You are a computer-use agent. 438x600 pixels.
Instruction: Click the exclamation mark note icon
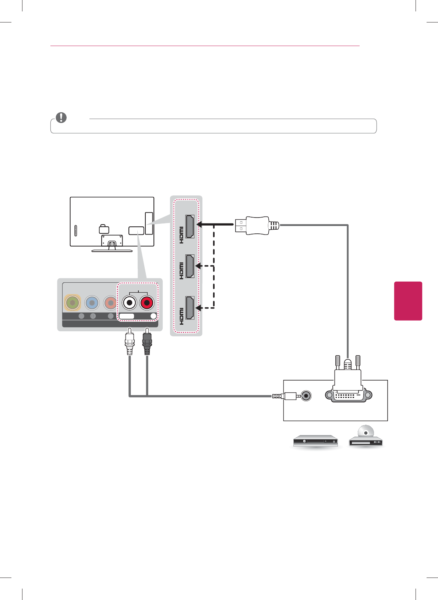click(61, 117)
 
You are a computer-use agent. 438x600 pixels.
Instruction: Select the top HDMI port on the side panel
click(190, 226)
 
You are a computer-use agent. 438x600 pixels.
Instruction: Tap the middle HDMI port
click(190, 266)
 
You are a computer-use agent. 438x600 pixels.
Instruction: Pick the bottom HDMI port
click(190, 308)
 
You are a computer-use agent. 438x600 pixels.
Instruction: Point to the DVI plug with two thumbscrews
click(348, 383)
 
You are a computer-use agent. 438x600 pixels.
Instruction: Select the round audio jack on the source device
click(306, 396)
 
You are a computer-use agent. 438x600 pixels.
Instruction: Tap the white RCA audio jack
click(129, 303)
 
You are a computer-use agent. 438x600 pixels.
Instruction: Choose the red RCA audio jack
click(147, 303)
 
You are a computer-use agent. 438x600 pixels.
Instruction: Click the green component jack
click(73, 303)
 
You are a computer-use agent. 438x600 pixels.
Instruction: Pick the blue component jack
click(92, 303)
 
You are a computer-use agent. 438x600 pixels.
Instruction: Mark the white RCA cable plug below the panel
click(129, 342)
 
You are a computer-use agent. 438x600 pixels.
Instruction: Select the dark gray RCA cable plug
click(147, 342)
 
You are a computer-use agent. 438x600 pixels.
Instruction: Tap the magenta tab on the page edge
click(408, 301)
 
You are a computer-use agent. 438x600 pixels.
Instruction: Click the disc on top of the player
click(365, 431)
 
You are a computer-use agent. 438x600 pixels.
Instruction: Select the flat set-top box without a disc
click(315, 441)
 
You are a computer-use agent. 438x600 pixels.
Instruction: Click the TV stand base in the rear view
click(112, 250)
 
